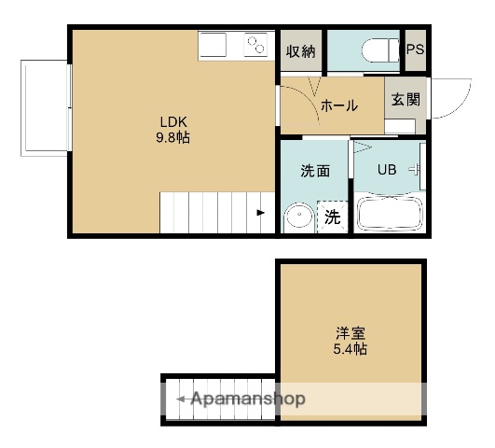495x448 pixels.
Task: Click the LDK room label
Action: [174, 120]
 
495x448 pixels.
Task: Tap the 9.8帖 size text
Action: [174, 137]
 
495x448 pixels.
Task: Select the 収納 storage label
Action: [299, 51]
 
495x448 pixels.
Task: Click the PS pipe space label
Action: [415, 49]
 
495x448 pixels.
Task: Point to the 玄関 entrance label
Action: [405, 101]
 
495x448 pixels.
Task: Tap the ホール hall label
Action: [339, 105]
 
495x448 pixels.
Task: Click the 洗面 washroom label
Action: [314, 171]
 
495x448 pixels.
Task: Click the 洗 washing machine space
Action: [332, 217]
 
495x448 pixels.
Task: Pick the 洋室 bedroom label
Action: [351, 332]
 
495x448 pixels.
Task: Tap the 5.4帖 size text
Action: [351, 350]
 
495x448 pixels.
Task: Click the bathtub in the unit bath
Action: [388, 213]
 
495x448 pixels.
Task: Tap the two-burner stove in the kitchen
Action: [255, 45]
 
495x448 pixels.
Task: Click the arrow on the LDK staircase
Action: [261, 213]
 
